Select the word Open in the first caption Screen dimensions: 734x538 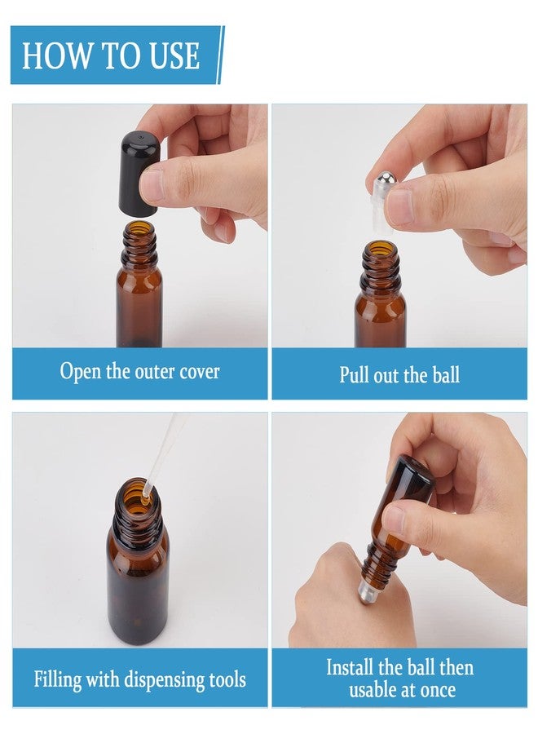coord(80,372)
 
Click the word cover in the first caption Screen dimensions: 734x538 coord(199,372)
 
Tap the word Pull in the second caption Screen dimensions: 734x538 coord(355,375)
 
